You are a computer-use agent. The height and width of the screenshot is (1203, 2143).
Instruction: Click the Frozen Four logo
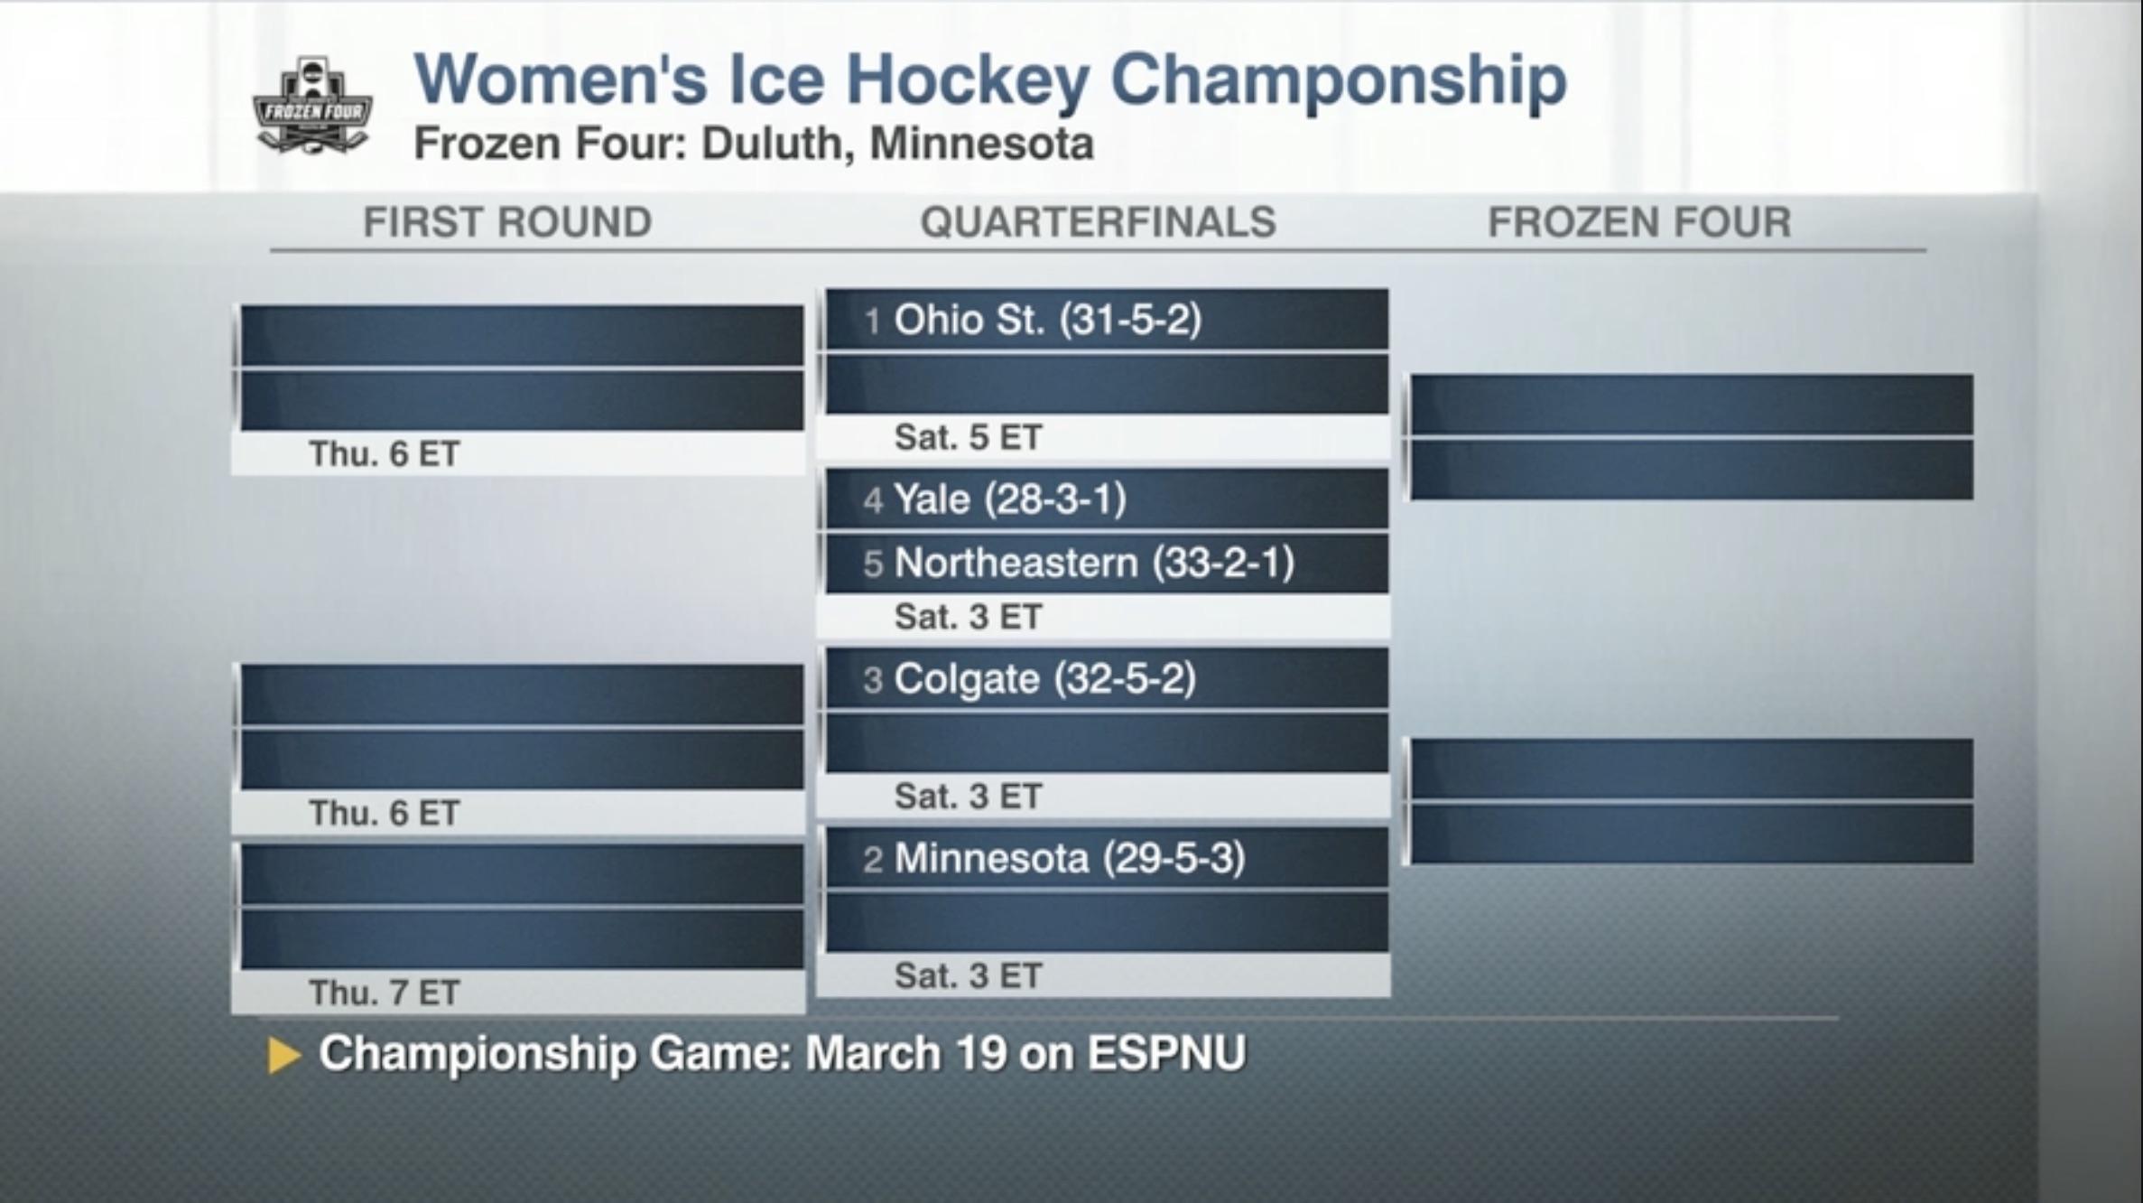pos(312,107)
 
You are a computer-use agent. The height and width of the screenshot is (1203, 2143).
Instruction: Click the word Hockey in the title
pos(967,80)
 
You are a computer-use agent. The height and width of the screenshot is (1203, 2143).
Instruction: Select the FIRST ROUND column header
pos(507,222)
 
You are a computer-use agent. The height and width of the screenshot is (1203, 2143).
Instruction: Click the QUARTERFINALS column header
pos(1098,222)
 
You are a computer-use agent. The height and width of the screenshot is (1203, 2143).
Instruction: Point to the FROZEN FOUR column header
pos(1639,222)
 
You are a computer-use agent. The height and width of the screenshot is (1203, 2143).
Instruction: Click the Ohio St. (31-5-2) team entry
pos(1047,320)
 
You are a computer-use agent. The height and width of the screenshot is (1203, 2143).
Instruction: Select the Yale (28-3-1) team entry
pos(1009,499)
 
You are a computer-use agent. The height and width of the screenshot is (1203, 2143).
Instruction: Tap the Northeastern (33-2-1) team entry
pos(1093,563)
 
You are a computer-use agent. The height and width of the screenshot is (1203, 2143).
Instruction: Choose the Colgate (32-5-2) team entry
pos(1044,679)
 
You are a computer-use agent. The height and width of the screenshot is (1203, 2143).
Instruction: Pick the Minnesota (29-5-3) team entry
pos(1069,858)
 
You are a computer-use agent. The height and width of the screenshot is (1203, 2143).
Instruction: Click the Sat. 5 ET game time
pos(968,438)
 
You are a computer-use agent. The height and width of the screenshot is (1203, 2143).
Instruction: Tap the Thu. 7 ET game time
pos(384,993)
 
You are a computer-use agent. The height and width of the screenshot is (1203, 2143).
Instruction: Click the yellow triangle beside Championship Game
pos(283,1055)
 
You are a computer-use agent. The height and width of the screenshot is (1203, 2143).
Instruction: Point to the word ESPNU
pos(1166,1053)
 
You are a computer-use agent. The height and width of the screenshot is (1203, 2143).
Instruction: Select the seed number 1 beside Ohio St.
pos(872,322)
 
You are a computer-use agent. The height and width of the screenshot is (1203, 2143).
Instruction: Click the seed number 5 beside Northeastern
pos(872,564)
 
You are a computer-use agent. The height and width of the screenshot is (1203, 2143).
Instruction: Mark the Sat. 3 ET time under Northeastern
pos(968,618)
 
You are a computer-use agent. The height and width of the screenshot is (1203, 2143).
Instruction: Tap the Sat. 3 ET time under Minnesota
pos(968,976)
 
